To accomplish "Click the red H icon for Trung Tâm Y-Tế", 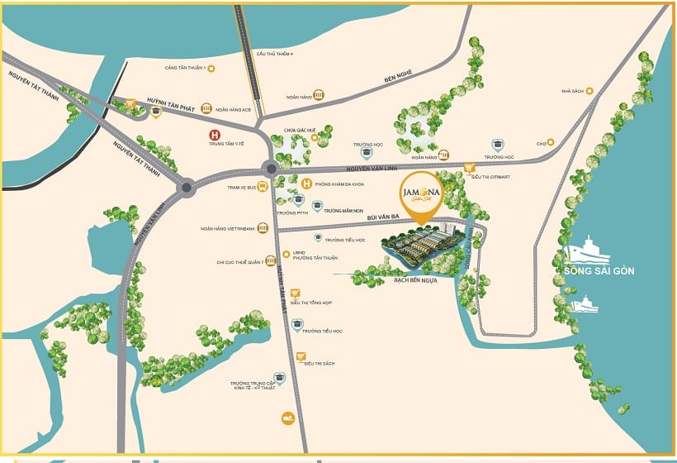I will click(215, 135).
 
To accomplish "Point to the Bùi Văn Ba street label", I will click(383, 216).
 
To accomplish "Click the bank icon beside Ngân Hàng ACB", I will click(206, 108).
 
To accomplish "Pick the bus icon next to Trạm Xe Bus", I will click(263, 187).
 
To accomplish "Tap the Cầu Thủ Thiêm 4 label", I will click(274, 54).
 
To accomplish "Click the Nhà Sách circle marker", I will click(592, 92).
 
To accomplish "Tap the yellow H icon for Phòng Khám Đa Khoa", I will click(306, 184).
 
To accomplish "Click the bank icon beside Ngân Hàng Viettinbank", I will click(263, 228).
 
